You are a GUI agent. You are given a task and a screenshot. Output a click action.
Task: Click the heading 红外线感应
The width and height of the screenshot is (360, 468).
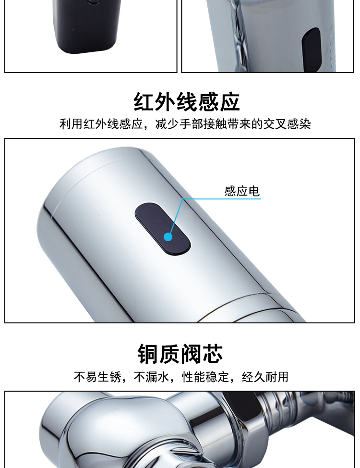186,102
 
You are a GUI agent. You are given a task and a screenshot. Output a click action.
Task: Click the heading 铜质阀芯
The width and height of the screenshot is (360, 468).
180,354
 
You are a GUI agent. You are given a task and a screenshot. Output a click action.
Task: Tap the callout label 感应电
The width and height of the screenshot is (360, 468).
242,191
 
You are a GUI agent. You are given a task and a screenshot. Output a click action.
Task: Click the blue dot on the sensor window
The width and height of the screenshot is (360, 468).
168,237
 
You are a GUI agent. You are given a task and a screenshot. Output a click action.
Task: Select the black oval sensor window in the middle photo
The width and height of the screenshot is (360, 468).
163,229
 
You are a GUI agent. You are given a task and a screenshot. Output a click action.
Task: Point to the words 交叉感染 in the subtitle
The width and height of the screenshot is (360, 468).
287,124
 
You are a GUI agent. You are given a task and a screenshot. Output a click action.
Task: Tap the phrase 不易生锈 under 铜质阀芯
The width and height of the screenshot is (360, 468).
97,377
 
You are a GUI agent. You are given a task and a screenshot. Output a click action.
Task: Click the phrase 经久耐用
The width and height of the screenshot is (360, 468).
265,377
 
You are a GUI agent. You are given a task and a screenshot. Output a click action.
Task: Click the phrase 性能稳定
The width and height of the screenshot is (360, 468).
205,377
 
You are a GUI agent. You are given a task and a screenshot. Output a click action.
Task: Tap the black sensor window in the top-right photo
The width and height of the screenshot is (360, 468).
311,49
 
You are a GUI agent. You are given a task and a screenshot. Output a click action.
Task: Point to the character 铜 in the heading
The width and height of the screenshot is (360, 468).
148,354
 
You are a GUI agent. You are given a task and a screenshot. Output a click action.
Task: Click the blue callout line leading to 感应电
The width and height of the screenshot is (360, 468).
182,199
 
